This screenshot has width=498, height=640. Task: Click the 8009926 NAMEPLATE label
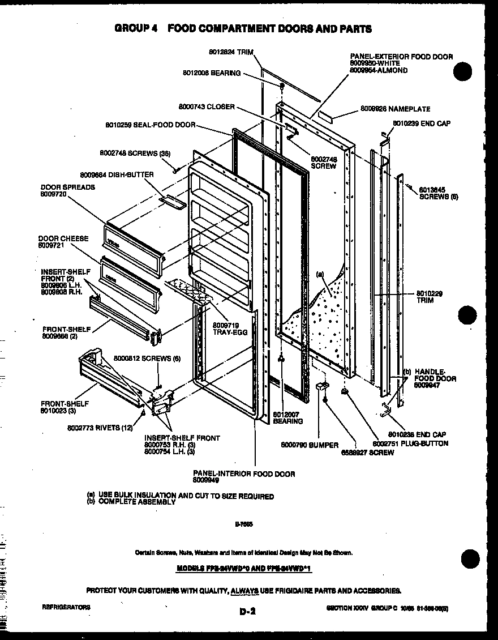coord(395,109)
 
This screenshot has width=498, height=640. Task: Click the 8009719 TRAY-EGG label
coord(230,328)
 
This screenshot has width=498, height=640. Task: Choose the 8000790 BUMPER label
coord(310,445)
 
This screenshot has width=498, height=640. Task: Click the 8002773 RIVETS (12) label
coord(108,428)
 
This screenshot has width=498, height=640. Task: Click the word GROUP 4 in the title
coord(135,28)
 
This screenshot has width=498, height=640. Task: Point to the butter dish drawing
coord(171,201)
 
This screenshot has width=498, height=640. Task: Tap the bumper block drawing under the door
coord(322,387)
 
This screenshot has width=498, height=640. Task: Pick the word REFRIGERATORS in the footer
coord(66,607)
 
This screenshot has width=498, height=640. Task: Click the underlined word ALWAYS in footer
coord(244,590)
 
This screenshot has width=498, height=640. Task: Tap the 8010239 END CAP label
coord(421,123)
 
